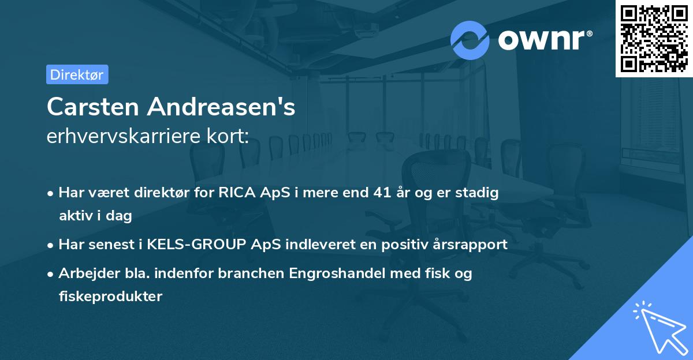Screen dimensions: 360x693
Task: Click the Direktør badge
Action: (77, 74)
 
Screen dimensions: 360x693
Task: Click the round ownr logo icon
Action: (470, 40)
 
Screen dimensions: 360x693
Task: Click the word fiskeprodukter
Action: (110, 297)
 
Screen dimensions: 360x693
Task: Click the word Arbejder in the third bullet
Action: (85, 273)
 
